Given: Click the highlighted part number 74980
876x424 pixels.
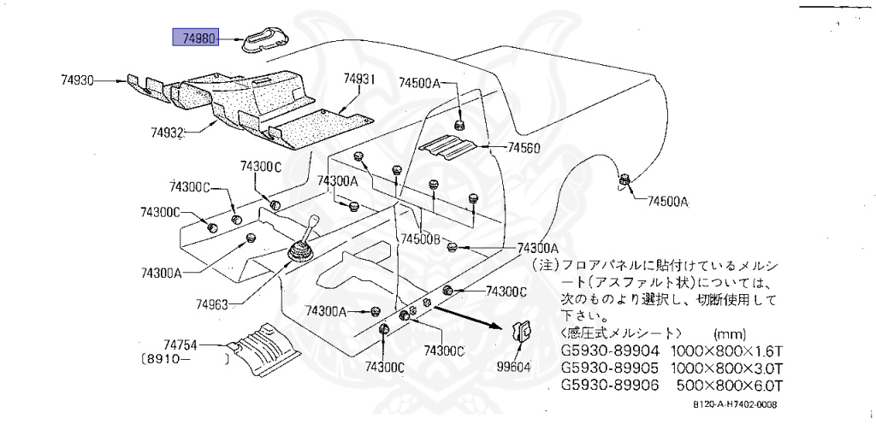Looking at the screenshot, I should tap(197, 38).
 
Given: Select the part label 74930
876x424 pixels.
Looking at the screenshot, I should tap(77, 80).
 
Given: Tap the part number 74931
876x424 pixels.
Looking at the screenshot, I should tap(360, 78).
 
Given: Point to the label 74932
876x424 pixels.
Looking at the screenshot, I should tap(169, 132).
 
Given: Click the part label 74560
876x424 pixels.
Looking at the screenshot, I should tap(524, 147).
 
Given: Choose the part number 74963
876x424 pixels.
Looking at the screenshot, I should tap(213, 303).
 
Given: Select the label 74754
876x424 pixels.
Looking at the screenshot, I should tap(181, 344).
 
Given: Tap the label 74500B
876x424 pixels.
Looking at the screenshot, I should tap(421, 240).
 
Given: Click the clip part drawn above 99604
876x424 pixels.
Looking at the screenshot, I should tap(521, 333).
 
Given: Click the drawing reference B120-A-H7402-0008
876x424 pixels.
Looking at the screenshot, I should tap(734, 406).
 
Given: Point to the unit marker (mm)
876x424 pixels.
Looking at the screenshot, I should tap(728, 333).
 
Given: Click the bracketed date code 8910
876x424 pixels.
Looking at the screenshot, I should tap(167, 361).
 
